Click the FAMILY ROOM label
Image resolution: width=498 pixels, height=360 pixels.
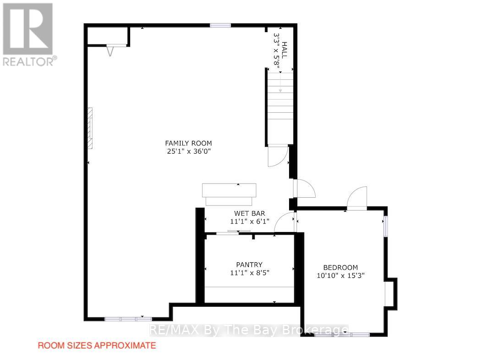pos(188,143)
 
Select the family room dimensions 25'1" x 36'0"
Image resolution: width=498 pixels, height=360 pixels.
pos(189,151)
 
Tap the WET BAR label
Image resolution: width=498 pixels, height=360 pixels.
pos(250,213)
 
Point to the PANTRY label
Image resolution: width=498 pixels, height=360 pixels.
pos(249,265)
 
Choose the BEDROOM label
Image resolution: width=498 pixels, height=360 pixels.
pos(340,267)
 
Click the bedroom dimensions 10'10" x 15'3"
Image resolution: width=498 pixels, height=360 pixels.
pos(340,276)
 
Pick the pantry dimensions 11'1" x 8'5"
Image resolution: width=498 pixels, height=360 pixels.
pos(250,272)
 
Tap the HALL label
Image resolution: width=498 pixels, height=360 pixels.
pos(285,50)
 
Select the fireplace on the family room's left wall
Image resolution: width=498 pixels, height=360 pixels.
pos(91,128)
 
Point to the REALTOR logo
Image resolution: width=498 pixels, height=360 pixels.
pos(28,34)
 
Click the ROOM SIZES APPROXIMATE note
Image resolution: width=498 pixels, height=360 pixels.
pos(97,345)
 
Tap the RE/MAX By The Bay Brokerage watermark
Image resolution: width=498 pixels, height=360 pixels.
pos(249,330)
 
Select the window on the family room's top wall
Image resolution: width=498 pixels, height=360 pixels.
pos(220,25)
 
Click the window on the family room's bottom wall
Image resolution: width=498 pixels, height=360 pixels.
pos(128,319)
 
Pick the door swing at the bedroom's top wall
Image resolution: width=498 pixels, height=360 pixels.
pos(357,198)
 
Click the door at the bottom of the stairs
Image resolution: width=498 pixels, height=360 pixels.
pos(278,155)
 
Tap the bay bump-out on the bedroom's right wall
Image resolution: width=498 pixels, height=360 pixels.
pos(391,294)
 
